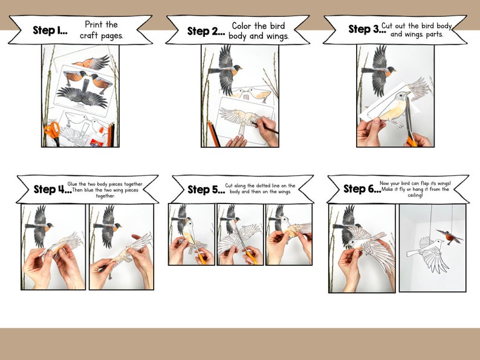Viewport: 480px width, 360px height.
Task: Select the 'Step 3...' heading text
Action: pyautogui.click(x=365, y=29)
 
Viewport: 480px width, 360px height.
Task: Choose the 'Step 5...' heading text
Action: pyautogui.click(x=206, y=190)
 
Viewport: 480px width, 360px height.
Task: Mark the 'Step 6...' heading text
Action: pyautogui.click(x=362, y=189)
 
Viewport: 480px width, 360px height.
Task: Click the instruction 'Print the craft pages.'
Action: pyautogui.click(x=102, y=30)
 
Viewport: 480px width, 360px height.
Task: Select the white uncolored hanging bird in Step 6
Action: pyautogui.click(x=427, y=253)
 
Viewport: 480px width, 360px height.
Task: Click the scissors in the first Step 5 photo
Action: pyautogui.click(x=199, y=255)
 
